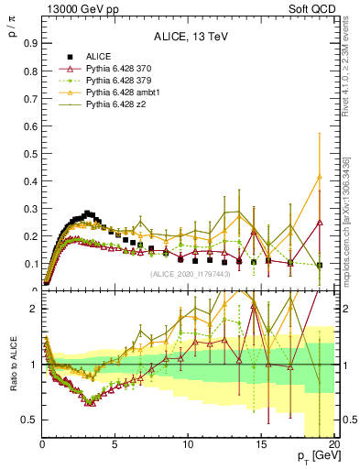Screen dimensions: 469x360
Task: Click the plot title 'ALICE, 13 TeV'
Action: (x=190, y=37)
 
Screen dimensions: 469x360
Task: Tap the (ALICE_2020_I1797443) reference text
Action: (x=191, y=274)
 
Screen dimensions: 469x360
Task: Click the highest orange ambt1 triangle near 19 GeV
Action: (x=319, y=176)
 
